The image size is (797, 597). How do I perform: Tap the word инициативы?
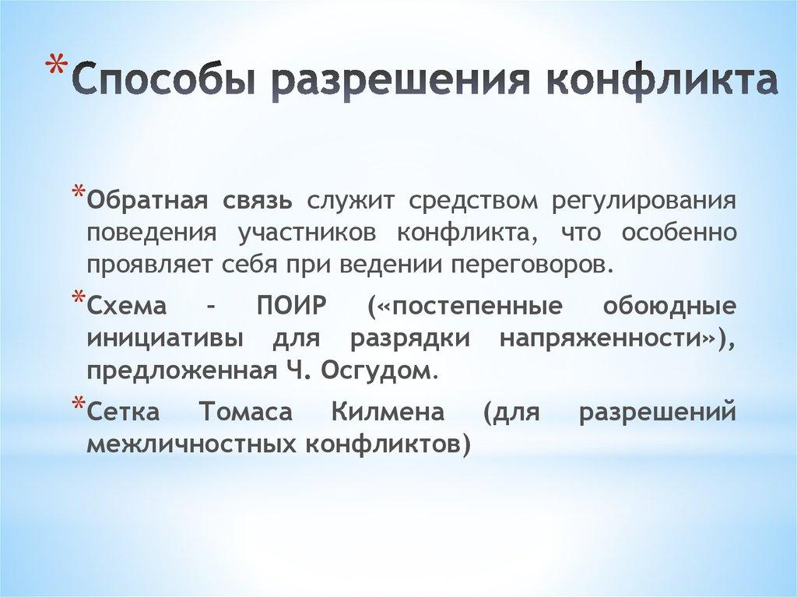pos(163,338)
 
